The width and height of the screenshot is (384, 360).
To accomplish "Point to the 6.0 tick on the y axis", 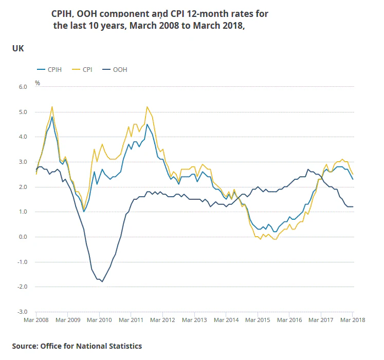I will coord(23,87).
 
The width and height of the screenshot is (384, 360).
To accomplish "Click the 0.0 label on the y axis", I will coord(23,237).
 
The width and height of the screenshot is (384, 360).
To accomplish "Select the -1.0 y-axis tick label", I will coord(22,262).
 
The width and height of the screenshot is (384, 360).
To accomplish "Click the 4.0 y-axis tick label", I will coord(23,137).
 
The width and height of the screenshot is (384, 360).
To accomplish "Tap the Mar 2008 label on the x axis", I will coord(36,320).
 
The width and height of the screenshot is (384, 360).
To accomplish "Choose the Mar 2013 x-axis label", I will coord(194,320).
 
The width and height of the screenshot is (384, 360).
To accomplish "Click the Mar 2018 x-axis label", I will coord(353,320).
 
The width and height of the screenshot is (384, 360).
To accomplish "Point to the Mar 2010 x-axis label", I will coord(99,320).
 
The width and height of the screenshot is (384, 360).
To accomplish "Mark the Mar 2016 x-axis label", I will coord(289,320).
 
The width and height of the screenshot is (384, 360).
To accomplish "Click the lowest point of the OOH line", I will coord(102,281).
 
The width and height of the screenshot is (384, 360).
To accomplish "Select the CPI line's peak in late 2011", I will coord(147,107).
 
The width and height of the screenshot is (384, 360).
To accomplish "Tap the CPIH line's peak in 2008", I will coord(52,117).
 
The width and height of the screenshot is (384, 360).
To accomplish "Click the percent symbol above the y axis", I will coord(37,82).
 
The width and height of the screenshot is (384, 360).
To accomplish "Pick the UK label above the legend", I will coord(18,49).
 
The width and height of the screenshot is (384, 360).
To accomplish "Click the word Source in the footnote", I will coord(24,346).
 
